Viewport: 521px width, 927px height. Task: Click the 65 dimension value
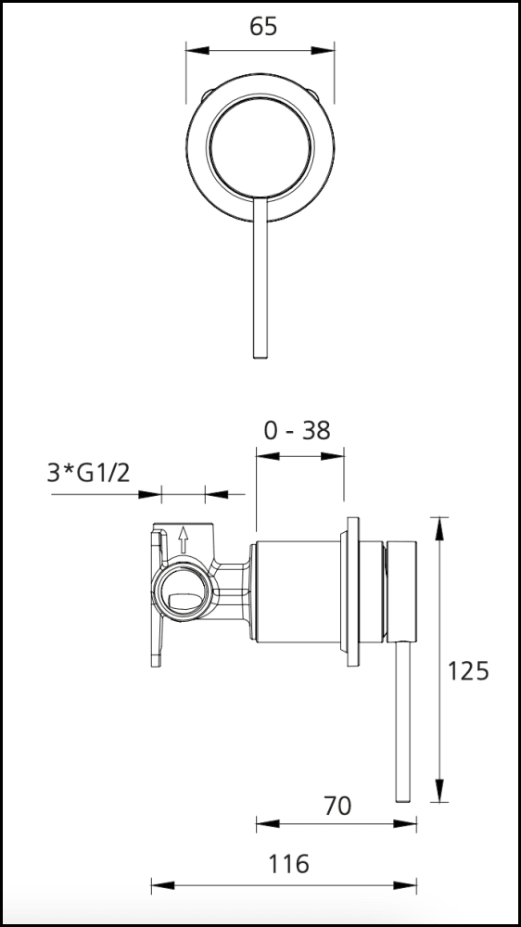(263, 27)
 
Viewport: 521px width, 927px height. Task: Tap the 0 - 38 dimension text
(297, 431)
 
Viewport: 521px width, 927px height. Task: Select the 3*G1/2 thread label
(88, 473)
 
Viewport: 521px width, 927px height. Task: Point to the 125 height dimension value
(468, 671)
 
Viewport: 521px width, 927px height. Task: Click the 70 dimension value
(337, 806)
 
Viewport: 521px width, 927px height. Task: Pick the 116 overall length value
(289, 864)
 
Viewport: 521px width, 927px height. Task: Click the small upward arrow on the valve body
(184, 540)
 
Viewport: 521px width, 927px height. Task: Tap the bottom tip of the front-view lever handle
(260, 358)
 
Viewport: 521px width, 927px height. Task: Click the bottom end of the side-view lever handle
(402, 801)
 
